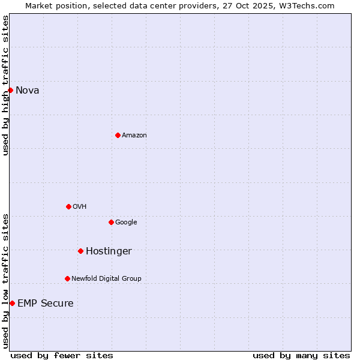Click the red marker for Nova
point(10,90)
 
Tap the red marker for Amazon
point(118,135)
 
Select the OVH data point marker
point(68,206)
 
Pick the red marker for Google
point(111,222)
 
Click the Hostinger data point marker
point(80,251)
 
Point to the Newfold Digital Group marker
point(67,278)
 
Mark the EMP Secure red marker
point(12,303)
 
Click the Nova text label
point(27,91)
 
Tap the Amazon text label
point(134,136)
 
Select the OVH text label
point(79,207)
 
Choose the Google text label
point(126,223)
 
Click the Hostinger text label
point(109,251)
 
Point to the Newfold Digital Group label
point(106,279)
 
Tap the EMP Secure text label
point(45,304)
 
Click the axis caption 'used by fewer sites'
point(62,356)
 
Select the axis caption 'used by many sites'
point(301,356)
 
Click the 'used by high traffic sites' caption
point(5,85)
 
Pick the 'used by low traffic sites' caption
point(5,281)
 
